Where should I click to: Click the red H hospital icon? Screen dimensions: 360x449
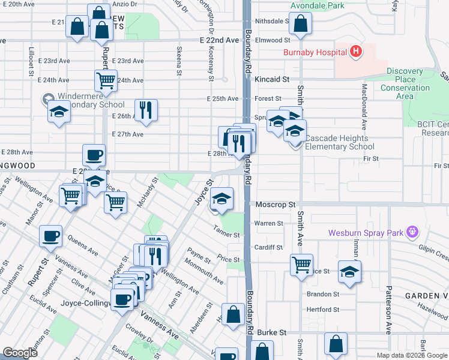click(357, 52)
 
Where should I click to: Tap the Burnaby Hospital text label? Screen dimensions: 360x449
click(316, 52)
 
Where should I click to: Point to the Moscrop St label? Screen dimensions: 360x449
click(276, 205)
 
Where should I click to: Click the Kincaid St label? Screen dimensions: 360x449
click(272, 79)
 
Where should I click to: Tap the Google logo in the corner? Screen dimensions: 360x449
click(20, 352)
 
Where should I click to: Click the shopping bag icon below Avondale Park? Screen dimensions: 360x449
click(301, 24)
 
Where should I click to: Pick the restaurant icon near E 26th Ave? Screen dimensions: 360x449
click(146, 110)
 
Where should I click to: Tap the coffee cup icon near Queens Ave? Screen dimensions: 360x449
click(51, 235)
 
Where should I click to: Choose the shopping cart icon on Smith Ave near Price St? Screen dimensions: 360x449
click(301, 264)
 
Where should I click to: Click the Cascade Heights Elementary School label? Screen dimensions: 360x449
click(340, 142)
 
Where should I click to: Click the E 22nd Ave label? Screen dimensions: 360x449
click(219, 40)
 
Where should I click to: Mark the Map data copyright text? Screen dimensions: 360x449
click(412, 355)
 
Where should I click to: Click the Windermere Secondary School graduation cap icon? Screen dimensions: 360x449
click(59, 112)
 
